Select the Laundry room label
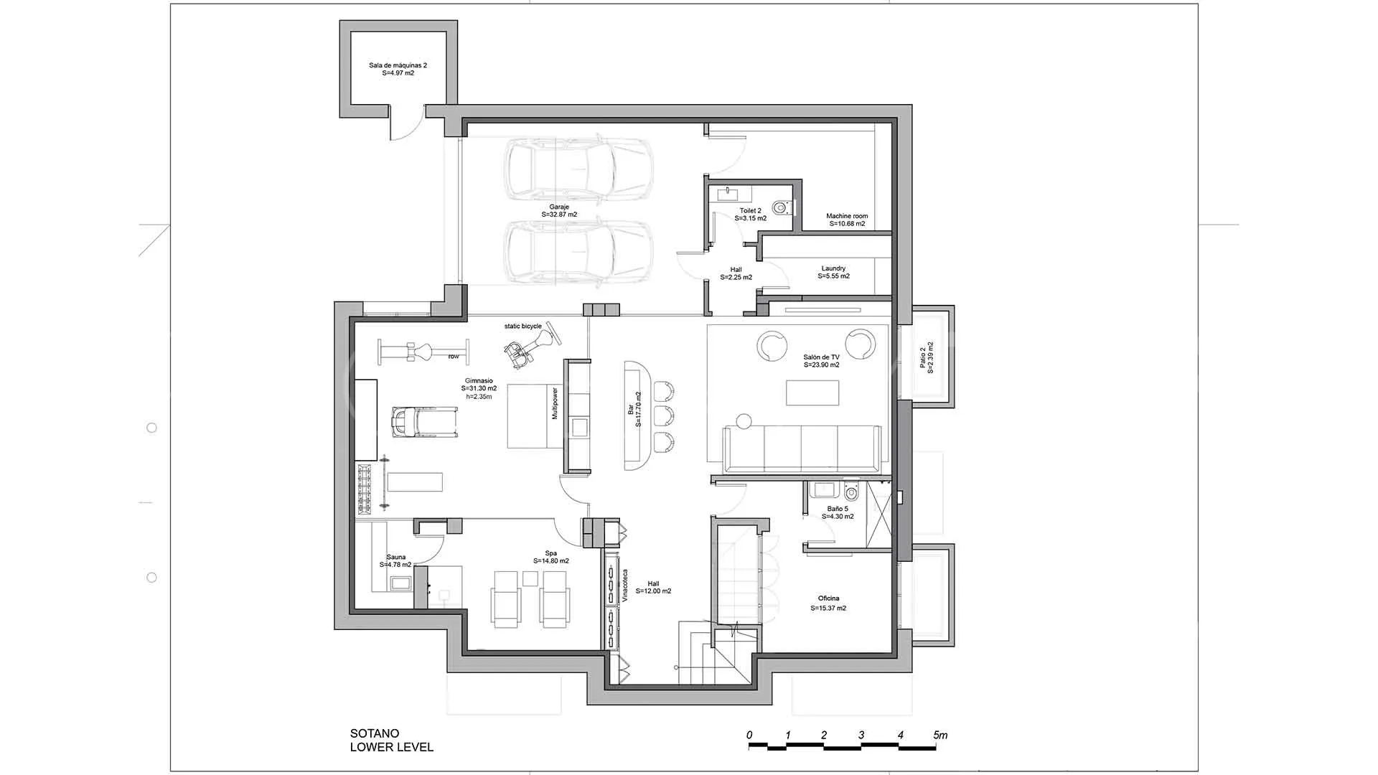click(x=833, y=272)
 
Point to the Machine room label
click(x=847, y=220)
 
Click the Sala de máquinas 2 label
click(x=398, y=69)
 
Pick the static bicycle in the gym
click(x=530, y=347)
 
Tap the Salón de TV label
click(x=821, y=361)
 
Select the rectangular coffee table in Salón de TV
click(x=812, y=393)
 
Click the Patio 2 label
click(x=927, y=357)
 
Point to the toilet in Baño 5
click(x=852, y=491)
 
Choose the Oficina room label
click(x=828, y=603)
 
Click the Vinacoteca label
click(x=624, y=586)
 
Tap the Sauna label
click(x=395, y=560)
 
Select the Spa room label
click(x=551, y=557)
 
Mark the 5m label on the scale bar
click(x=940, y=735)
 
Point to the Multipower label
click(x=554, y=403)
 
